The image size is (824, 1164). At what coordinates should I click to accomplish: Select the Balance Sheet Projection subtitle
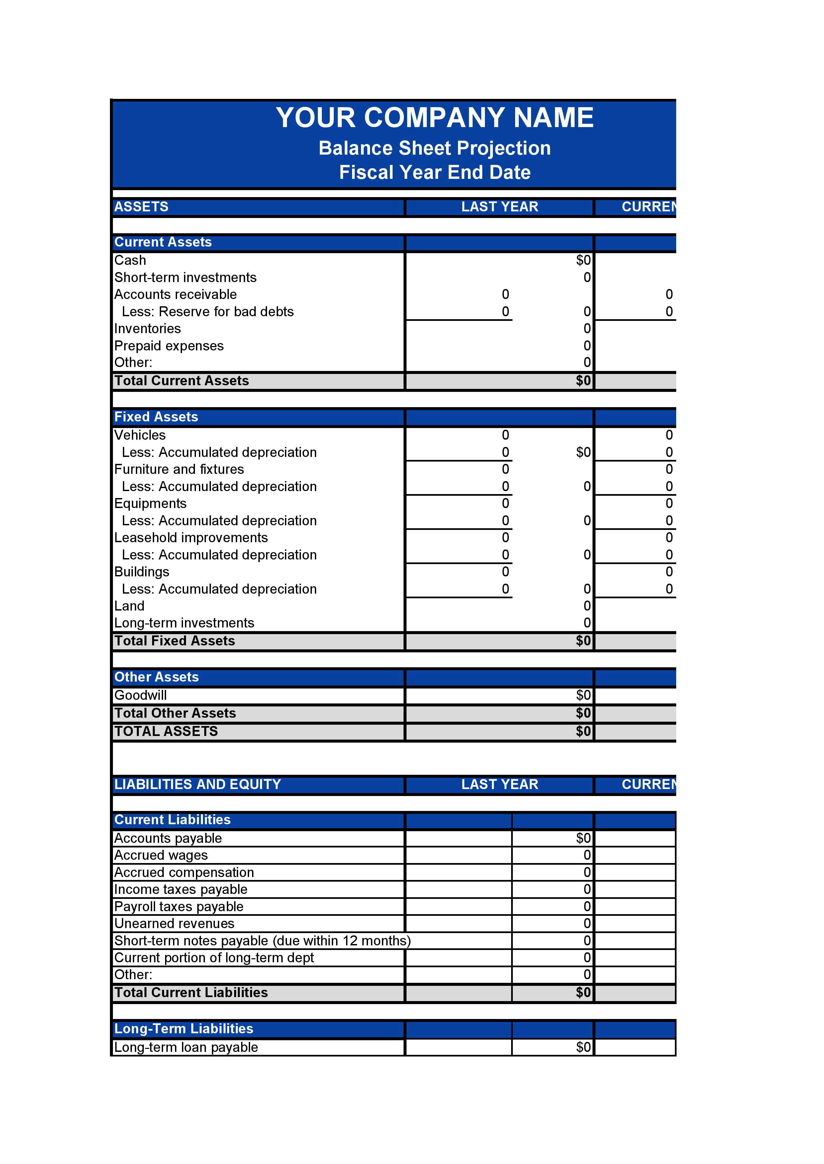point(434,148)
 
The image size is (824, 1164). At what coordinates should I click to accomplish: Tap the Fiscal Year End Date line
point(434,172)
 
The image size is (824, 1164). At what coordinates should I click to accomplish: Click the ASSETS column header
point(141,207)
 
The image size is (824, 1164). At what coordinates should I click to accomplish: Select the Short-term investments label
point(185,277)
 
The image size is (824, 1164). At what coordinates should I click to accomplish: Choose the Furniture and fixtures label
point(179,470)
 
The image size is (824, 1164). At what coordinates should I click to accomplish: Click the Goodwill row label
point(140,695)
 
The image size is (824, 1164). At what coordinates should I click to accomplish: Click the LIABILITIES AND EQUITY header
point(197,784)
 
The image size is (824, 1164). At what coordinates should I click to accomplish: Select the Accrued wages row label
point(161,855)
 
